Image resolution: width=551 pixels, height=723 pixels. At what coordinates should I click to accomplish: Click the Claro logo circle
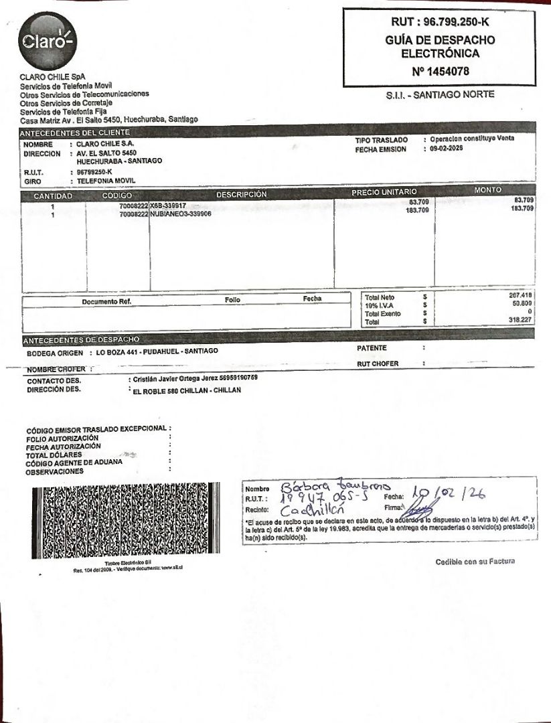[x=47, y=41]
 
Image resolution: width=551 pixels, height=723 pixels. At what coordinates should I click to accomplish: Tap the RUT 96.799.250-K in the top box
[x=439, y=22]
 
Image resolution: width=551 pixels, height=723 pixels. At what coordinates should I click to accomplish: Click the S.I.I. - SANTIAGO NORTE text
[x=440, y=95]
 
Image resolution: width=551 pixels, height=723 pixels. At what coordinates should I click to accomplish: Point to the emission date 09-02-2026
[x=447, y=149]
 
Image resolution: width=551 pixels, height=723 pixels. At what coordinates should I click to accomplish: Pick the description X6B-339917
[x=168, y=206]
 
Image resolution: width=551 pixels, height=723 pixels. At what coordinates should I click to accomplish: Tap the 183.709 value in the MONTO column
[x=522, y=209]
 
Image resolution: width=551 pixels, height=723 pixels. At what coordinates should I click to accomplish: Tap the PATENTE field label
[x=372, y=348]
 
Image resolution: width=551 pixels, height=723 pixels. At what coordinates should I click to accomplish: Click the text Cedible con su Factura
[x=475, y=562]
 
